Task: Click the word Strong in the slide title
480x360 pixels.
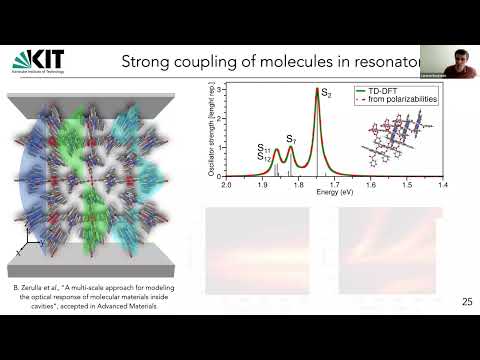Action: tap(148, 62)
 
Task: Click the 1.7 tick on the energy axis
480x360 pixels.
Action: tap(334, 186)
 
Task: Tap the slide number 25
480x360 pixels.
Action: tap(467, 301)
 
